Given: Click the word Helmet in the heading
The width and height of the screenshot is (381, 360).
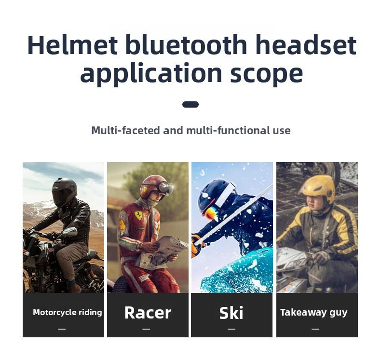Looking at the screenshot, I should [72, 45].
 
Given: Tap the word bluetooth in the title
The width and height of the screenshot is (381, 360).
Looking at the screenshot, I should [186, 45].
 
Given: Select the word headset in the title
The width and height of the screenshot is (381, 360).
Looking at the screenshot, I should [305, 45].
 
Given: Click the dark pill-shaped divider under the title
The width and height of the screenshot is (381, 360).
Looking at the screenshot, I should [190, 104].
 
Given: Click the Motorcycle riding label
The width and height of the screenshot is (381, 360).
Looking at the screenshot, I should [67, 312].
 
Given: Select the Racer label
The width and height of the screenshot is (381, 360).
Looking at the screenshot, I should [148, 313].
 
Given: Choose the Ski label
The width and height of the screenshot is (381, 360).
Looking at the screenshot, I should [231, 313].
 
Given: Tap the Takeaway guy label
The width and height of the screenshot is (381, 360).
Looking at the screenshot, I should [313, 312].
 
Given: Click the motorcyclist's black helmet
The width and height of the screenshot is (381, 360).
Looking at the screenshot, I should [64, 191].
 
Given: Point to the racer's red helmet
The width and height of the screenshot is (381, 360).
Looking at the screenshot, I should [153, 186].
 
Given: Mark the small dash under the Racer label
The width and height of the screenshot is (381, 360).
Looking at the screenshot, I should [146, 329].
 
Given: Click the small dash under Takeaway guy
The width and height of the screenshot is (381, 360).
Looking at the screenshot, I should [315, 329].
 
